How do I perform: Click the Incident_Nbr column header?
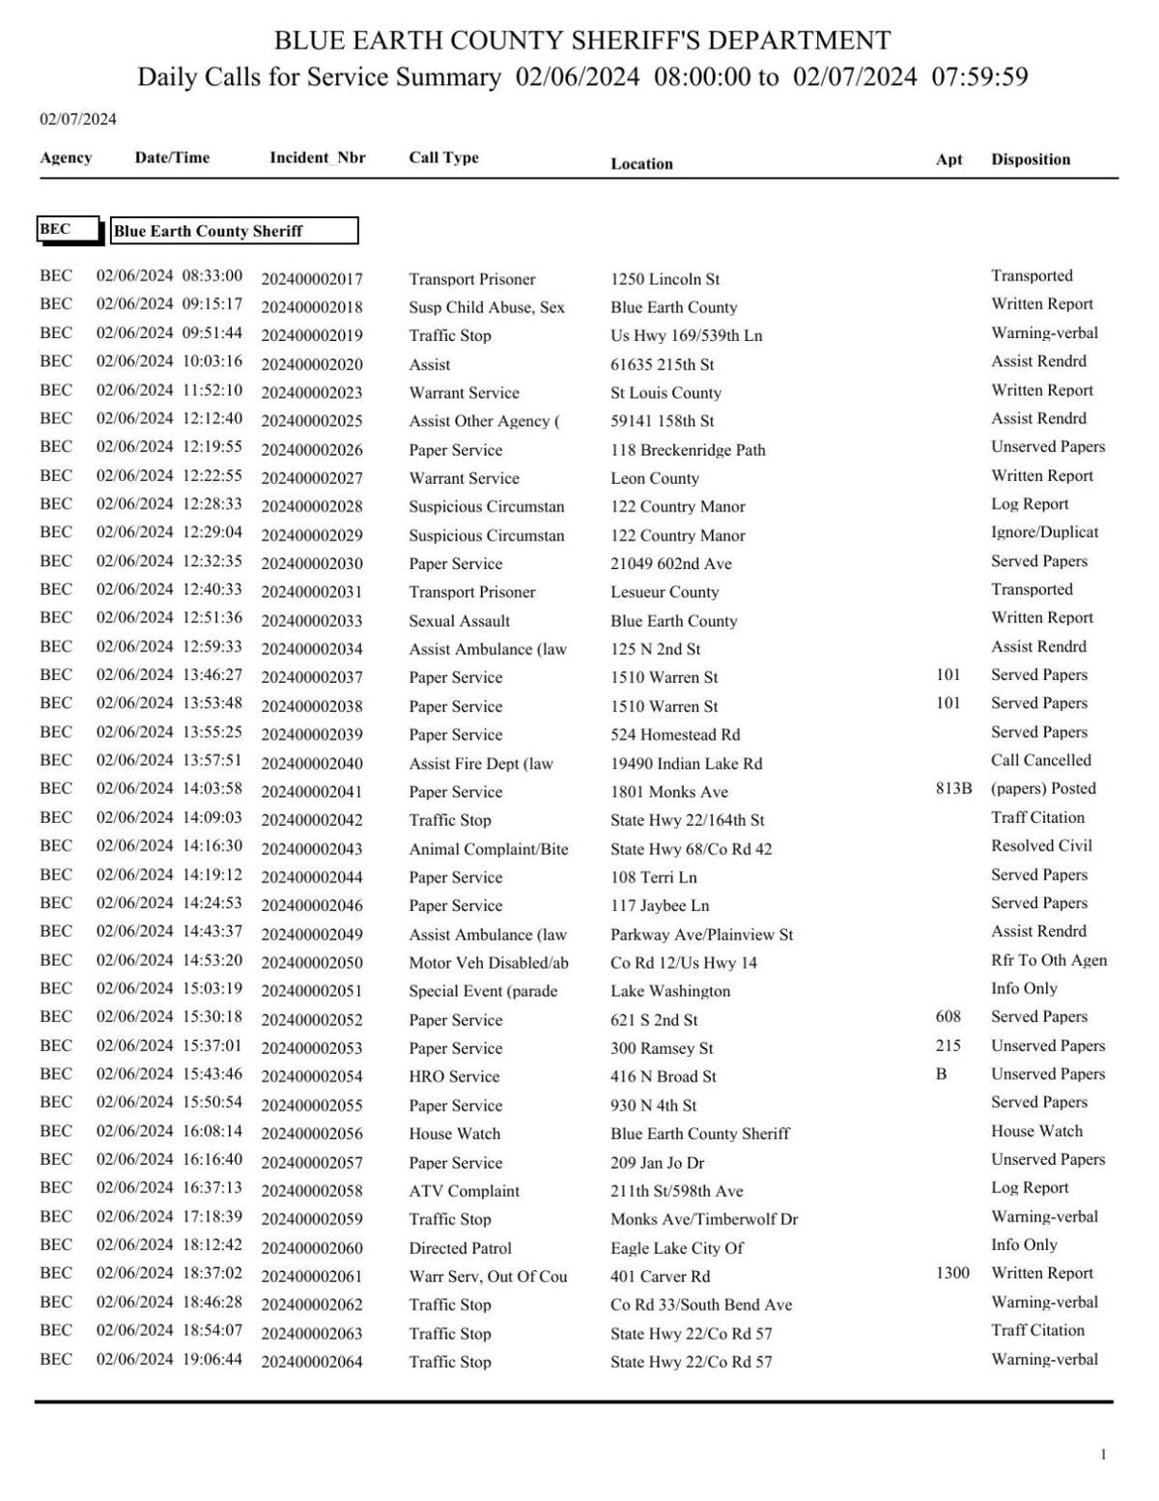click(x=317, y=157)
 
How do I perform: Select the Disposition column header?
click(x=1030, y=159)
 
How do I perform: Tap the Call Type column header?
click(x=443, y=157)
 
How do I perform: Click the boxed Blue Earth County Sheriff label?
click(x=234, y=231)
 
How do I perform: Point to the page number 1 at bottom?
click(x=1103, y=1455)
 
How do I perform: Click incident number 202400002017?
click(x=312, y=279)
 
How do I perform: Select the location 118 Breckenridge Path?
click(x=688, y=450)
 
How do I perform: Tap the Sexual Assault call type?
click(x=459, y=621)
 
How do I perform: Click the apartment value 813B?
click(x=953, y=788)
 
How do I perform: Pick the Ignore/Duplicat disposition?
click(x=1044, y=532)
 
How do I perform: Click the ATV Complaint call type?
click(x=464, y=1191)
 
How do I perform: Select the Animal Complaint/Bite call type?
click(x=488, y=849)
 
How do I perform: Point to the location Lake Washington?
click(x=670, y=991)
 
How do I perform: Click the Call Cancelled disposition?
click(x=1040, y=760)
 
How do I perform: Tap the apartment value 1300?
click(x=952, y=1273)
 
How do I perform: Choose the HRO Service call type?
click(x=454, y=1077)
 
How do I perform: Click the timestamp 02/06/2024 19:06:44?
click(x=169, y=1359)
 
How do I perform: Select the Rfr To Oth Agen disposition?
click(x=1048, y=960)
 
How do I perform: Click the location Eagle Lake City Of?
click(x=676, y=1248)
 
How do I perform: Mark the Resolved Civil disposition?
click(x=1041, y=846)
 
